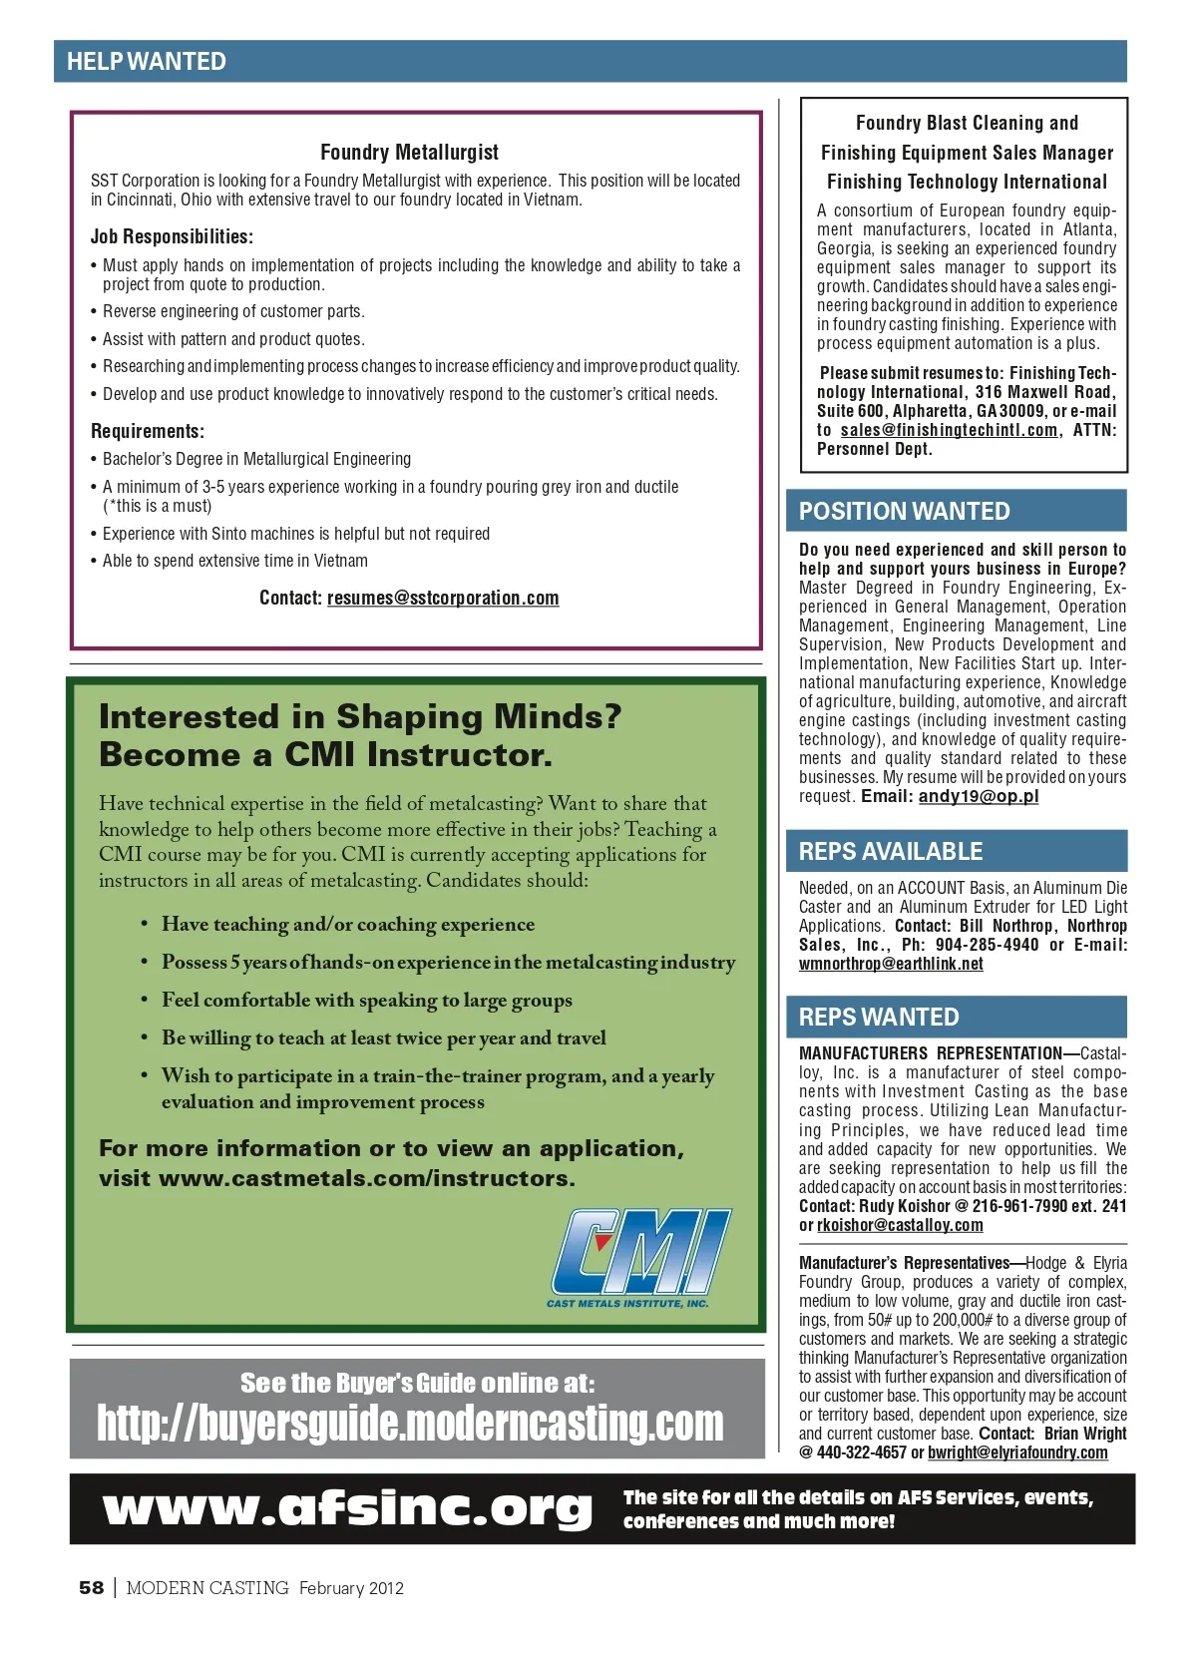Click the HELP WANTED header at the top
tap(147, 62)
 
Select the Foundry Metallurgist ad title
tap(409, 153)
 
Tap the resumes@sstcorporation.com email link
tap(443, 599)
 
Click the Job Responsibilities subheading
tap(172, 237)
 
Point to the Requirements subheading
tap(148, 432)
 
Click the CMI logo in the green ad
tap(641, 1257)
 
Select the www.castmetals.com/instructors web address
tap(366, 1179)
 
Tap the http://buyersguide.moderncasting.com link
tap(410, 1424)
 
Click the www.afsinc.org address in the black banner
tap(347, 1508)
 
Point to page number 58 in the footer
tap(91, 1588)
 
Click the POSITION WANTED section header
tap(904, 512)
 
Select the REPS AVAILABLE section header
tap(891, 852)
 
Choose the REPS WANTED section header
tap(879, 1018)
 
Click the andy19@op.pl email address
tap(979, 797)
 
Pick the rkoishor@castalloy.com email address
tap(900, 1226)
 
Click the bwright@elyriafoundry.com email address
tap(1017, 1453)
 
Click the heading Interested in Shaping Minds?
tap(360, 717)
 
